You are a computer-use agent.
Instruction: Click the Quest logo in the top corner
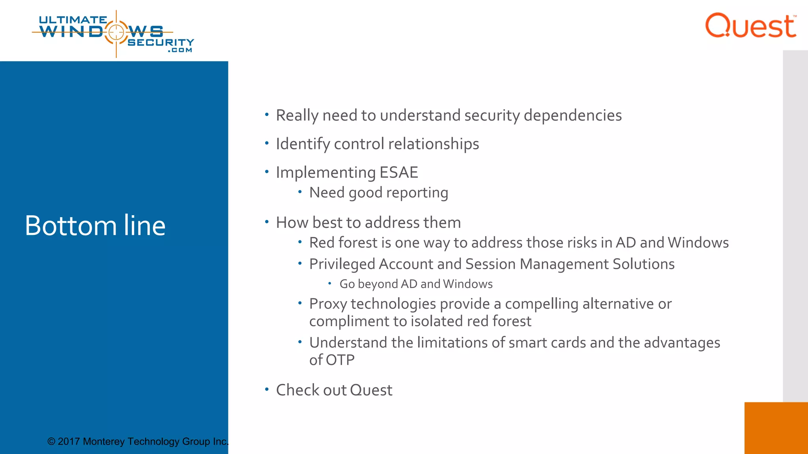[x=750, y=26]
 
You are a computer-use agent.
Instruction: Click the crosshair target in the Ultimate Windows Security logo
[x=116, y=32]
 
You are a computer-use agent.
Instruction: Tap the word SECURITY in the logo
[x=161, y=42]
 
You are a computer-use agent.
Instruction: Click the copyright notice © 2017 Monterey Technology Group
[x=138, y=441]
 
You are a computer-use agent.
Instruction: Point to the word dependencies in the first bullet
[x=572, y=115]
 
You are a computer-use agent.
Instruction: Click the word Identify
[x=303, y=144]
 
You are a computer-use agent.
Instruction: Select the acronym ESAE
[x=398, y=173]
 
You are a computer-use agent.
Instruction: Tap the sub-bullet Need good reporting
[x=378, y=193]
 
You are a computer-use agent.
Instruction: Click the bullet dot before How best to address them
[x=267, y=222]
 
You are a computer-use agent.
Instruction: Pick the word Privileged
[x=342, y=264]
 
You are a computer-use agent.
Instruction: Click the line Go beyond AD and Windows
[x=416, y=284]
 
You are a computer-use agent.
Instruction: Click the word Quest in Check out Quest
[x=371, y=390]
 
